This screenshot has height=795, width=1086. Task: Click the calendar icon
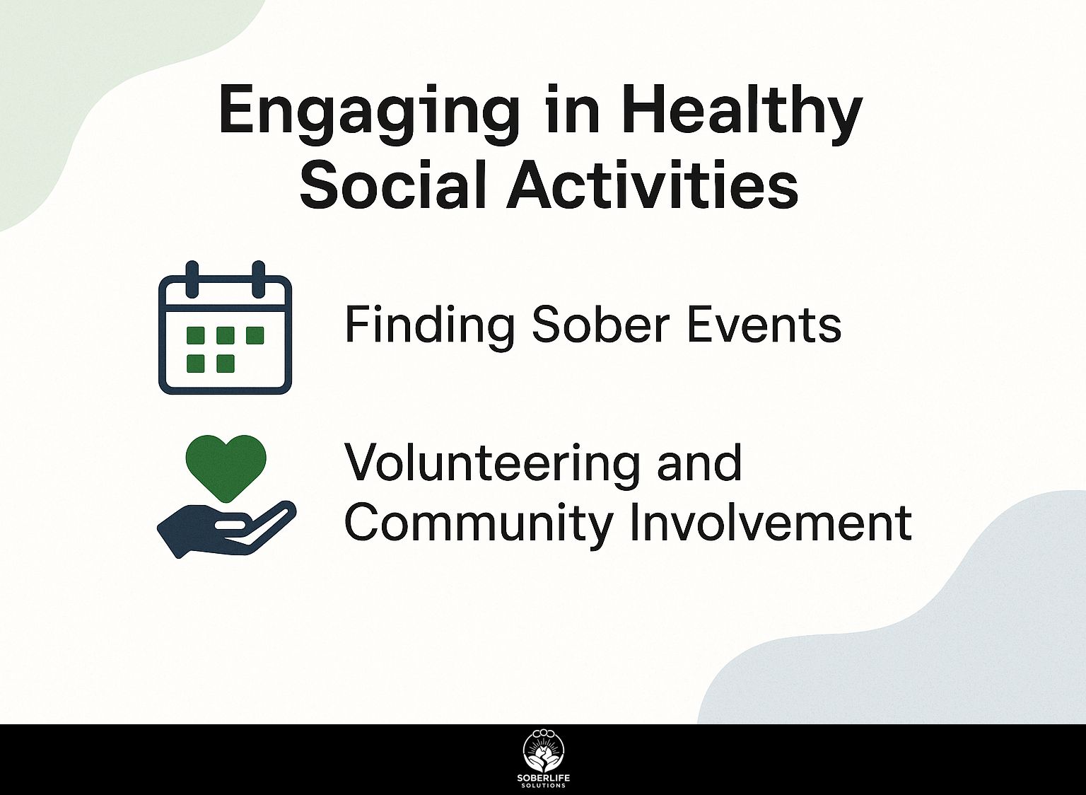[x=225, y=327]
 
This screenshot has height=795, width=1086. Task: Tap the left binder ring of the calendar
[x=192, y=279]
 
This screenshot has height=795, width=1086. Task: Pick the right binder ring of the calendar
[x=258, y=279]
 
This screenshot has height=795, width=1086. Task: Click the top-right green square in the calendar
[x=255, y=335]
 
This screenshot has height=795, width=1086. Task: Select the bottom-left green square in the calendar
[x=195, y=364]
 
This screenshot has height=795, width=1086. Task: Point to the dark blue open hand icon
[x=226, y=529]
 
